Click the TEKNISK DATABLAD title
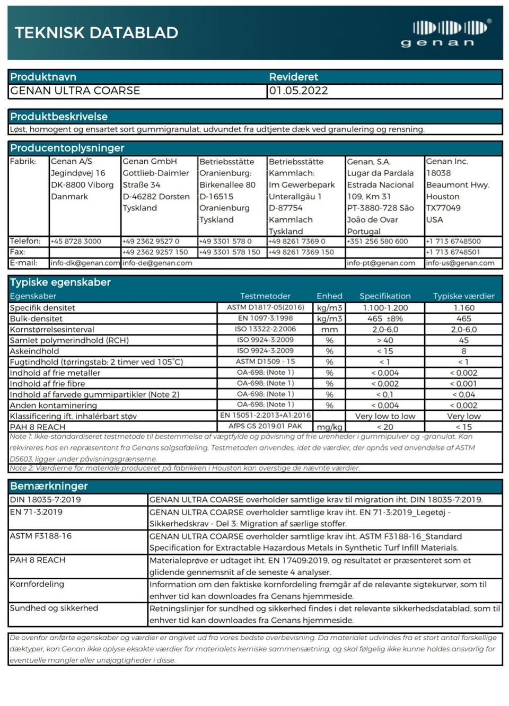coord(96,33)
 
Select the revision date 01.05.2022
coord(299,91)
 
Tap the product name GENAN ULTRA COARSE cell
coord(75,91)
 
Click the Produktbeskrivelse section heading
coord(59,117)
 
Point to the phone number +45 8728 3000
coord(76,241)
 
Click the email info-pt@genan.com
coord(381,263)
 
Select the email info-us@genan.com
coord(460,263)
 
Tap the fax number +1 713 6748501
coord(453,252)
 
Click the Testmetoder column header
coord(265,296)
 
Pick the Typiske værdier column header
coord(463,296)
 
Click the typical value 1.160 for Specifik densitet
coord(463,308)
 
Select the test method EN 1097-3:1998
coord(265,319)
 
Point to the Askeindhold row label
coord(34,351)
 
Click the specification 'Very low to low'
coord(385,416)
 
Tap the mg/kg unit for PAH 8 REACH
coord(329,427)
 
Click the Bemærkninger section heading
coord(49,486)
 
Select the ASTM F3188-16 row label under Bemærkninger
coord(40,536)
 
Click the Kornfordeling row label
coord(37,584)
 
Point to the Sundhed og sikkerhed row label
coord(54,608)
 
